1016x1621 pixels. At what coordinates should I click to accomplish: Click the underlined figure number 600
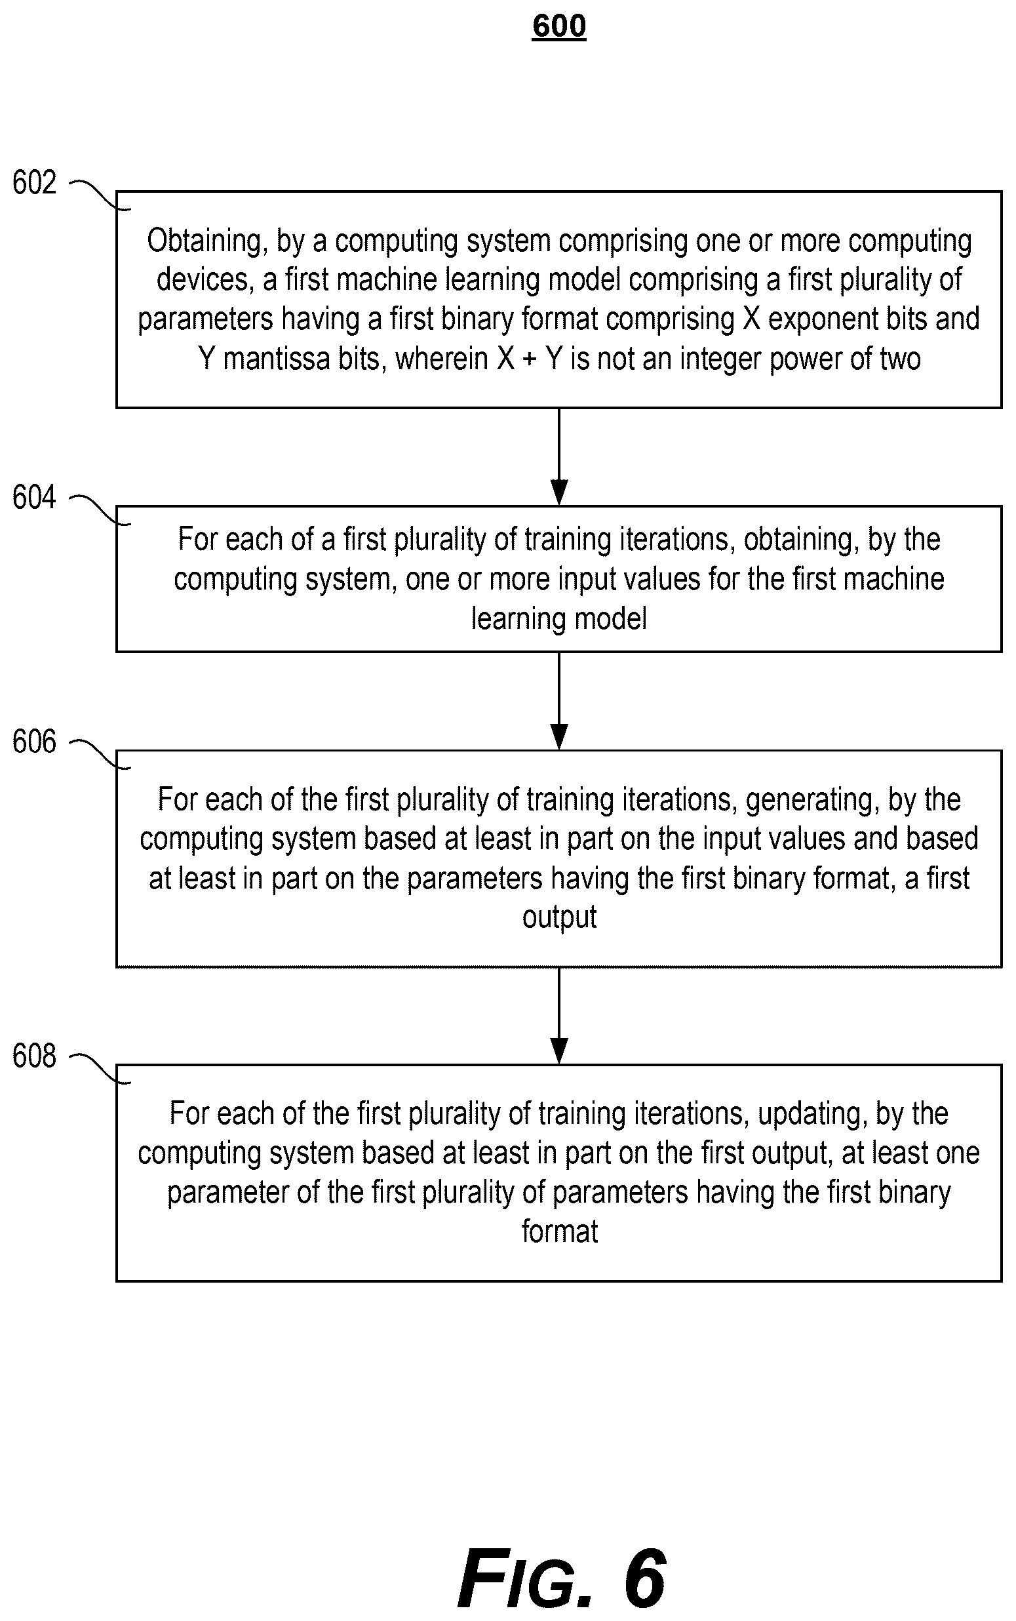559,27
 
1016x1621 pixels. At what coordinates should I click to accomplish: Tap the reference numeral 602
34,183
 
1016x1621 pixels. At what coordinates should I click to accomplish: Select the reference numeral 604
34,497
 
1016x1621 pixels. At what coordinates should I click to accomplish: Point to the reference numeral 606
34,742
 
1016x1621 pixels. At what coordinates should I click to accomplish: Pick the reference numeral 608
34,1056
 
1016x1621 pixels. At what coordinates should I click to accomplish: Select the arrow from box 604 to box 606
559,701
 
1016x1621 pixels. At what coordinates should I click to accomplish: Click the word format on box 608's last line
560,1232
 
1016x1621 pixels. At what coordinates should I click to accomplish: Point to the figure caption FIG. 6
562,1578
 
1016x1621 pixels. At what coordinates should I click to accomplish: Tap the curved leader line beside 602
100,195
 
